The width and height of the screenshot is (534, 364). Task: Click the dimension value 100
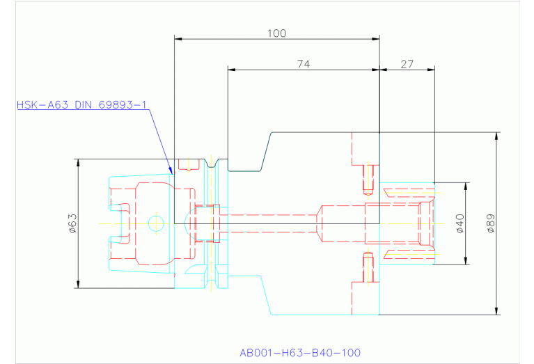276,33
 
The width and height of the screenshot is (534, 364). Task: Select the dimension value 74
303,64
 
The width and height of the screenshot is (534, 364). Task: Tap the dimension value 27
407,64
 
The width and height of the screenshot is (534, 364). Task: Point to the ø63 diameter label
72,223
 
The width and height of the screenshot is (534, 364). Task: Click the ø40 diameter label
460,223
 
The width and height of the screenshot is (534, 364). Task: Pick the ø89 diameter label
490,223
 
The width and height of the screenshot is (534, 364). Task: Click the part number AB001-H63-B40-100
299,353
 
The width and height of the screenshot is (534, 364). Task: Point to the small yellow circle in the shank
156,223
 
